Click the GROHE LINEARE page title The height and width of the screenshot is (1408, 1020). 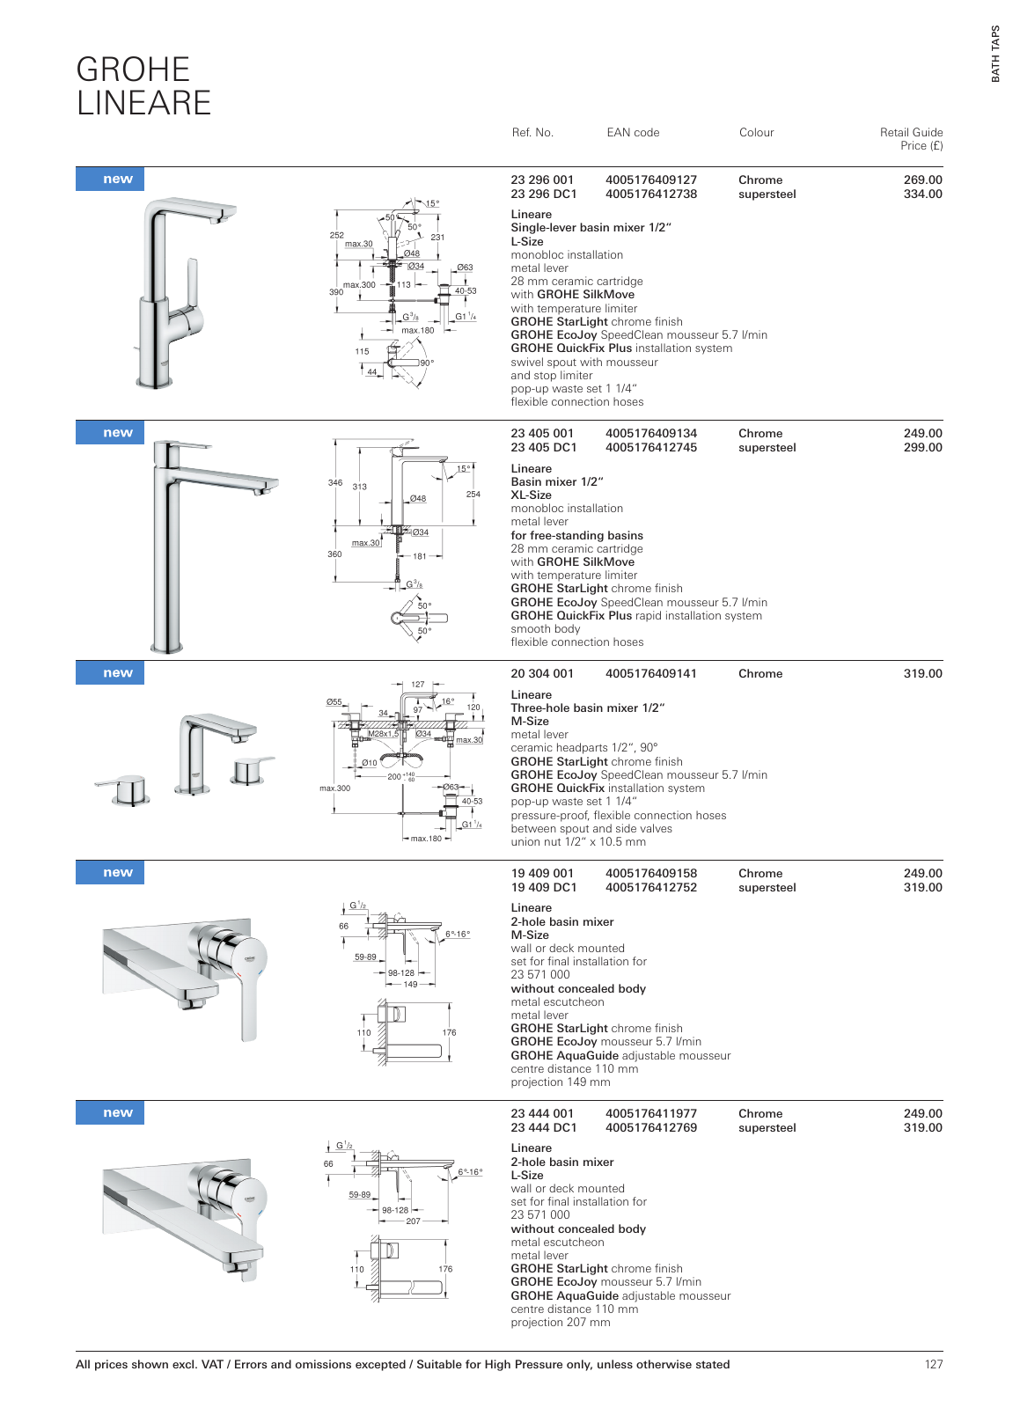click(x=143, y=86)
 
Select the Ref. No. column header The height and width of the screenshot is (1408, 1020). click(x=532, y=133)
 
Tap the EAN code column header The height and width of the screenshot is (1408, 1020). click(x=633, y=133)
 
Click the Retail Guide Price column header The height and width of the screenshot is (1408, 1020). click(x=911, y=139)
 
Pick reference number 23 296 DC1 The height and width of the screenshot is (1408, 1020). click(x=543, y=194)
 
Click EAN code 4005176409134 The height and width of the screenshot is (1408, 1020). click(x=650, y=434)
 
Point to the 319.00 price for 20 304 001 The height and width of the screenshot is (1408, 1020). click(x=922, y=674)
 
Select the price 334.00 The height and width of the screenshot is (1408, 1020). click(x=922, y=194)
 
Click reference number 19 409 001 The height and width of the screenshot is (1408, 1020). click(x=541, y=874)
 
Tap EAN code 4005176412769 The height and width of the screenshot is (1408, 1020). click(x=650, y=1128)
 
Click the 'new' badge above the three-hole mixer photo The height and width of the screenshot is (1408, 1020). click(x=117, y=673)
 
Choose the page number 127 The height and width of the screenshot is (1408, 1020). click(x=933, y=1365)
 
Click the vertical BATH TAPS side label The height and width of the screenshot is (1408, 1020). click(x=995, y=54)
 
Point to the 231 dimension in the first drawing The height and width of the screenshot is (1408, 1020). click(x=437, y=238)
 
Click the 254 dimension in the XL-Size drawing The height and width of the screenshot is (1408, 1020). click(x=473, y=495)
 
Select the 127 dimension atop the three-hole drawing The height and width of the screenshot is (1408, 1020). click(x=418, y=684)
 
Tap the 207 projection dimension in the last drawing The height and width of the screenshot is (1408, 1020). click(x=413, y=1221)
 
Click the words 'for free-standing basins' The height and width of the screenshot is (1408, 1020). click(x=576, y=536)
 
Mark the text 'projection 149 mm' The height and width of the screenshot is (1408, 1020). click(x=560, y=1082)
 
